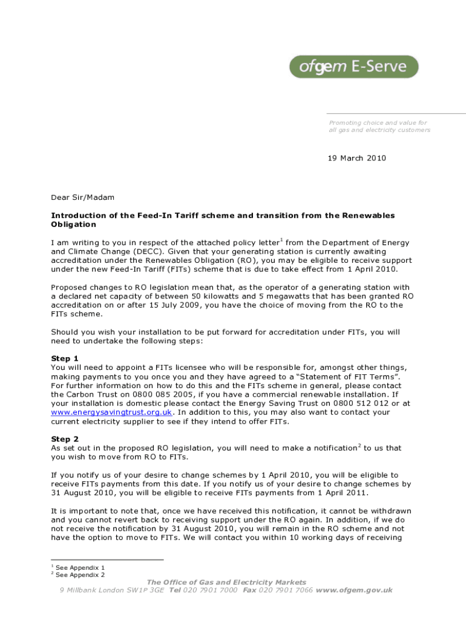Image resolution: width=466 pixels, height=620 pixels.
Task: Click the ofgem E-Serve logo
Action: pos(353,67)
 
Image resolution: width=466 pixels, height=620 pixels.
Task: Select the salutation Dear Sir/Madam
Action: pos(82,197)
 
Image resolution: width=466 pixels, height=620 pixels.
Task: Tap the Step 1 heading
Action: pos(65,358)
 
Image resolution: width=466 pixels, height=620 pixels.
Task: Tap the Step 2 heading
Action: pos(65,439)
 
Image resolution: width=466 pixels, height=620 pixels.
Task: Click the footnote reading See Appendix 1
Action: pos(80,568)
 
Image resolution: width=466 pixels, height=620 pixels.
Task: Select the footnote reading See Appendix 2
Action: pos(80,575)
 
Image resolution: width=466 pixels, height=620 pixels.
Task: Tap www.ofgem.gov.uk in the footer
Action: pos(354,590)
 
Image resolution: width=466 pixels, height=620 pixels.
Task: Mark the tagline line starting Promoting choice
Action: pos(378,122)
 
